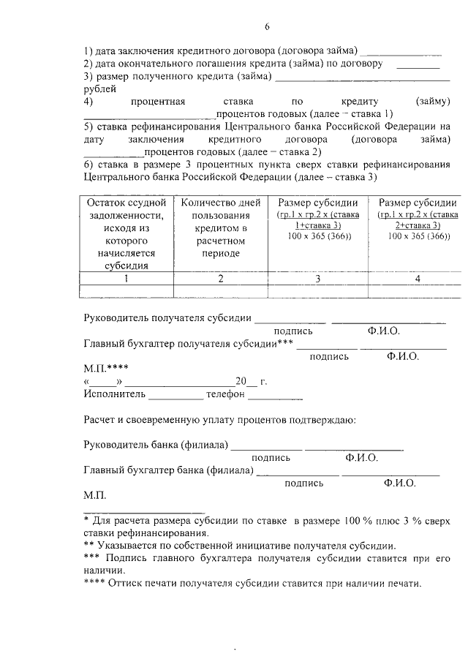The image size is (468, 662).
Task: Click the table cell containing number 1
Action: [126, 279]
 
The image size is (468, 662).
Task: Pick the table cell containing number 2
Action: [220, 279]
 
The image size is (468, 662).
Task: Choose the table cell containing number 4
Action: [418, 279]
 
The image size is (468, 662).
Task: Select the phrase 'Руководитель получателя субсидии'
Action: [168, 319]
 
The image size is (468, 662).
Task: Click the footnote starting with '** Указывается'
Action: [239, 546]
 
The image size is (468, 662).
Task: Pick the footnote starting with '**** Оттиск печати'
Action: [252, 584]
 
